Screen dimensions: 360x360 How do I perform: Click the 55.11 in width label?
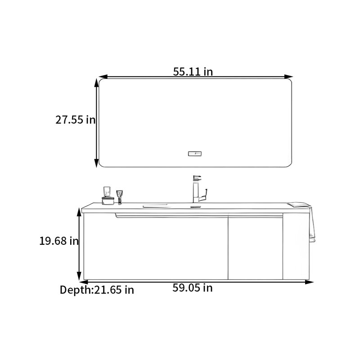coord(193,72)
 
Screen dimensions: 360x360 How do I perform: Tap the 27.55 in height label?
coord(75,120)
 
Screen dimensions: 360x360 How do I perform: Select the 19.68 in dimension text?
coord(59,241)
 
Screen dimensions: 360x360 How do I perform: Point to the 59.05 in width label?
coord(193,288)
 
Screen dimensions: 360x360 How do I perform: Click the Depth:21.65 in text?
coord(97,290)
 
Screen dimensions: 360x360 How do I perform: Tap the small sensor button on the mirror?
coord(195,153)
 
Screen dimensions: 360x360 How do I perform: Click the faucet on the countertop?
coord(199,189)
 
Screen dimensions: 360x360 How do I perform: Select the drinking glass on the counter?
coord(107,192)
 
